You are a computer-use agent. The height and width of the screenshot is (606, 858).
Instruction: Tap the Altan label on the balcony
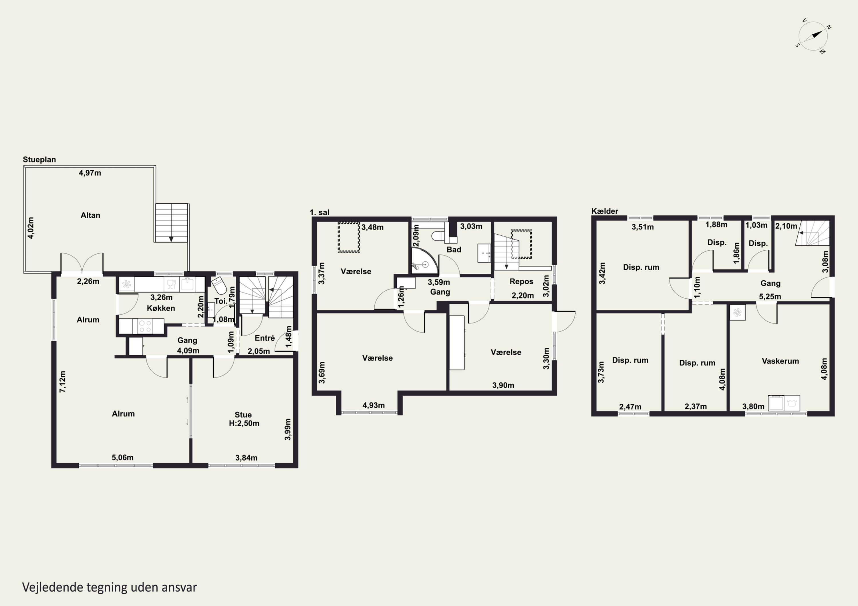click(x=90, y=215)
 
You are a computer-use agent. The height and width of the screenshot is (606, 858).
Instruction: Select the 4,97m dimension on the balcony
click(x=90, y=173)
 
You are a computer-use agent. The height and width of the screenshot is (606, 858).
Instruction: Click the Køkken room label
click(x=161, y=308)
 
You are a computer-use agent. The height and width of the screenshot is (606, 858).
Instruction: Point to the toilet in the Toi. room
click(x=219, y=286)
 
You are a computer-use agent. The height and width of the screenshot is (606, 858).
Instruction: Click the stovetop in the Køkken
click(x=145, y=326)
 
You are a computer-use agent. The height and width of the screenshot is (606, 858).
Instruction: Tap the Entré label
click(x=265, y=338)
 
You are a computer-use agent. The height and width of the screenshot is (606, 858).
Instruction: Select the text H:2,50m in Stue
click(x=244, y=423)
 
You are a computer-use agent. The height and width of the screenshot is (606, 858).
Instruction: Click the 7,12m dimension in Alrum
click(x=62, y=382)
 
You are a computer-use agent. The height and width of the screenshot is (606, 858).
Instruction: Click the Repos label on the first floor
click(x=521, y=281)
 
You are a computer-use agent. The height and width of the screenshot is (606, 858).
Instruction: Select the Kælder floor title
click(x=605, y=211)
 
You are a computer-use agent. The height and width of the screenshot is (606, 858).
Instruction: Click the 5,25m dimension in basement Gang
click(x=770, y=297)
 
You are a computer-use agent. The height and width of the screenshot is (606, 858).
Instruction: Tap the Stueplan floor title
click(x=39, y=159)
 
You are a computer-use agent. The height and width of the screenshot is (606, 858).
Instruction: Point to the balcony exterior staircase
click(x=172, y=223)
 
